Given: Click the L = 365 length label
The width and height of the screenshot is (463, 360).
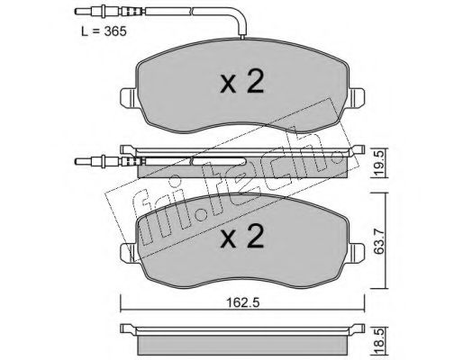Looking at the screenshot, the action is pyautogui.click(x=104, y=31).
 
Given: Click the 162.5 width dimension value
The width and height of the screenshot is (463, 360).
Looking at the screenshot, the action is pyautogui.click(x=243, y=303).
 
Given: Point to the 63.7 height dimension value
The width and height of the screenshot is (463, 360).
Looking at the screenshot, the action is pyautogui.click(x=379, y=240).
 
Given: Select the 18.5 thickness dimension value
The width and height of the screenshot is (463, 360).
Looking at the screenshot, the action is pyautogui.click(x=379, y=341).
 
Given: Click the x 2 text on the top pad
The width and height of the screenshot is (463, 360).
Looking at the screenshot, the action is pyautogui.click(x=242, y=81).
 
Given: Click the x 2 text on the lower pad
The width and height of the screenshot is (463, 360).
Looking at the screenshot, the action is pyautogui.click(x=242, y=237).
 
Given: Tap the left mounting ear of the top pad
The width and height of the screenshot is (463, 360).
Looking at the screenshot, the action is pyautogui.click(x=129, y=97).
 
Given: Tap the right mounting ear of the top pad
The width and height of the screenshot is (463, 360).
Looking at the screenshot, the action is pyautogui.click(x=356, y=97).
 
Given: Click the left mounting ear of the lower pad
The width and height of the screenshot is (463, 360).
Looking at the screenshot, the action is pyautogui.click(x=129, y=253).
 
